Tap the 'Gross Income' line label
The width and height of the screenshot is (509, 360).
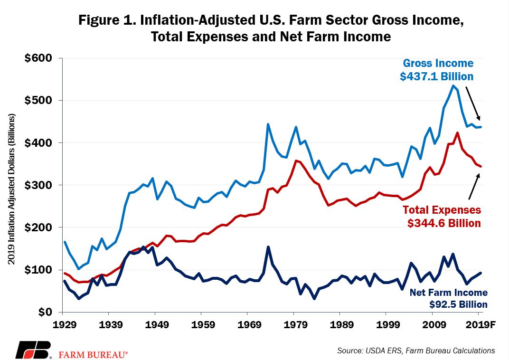click(x=438, y=63)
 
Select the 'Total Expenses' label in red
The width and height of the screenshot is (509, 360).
click(x=442, y=210)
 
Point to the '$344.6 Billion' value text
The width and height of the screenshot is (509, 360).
click(x=444, y=223)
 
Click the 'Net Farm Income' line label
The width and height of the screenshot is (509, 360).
click(x=448, y=293)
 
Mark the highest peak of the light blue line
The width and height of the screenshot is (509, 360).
click(x=453, y=85)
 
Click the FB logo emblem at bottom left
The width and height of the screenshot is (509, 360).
click(x=33, y=350)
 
